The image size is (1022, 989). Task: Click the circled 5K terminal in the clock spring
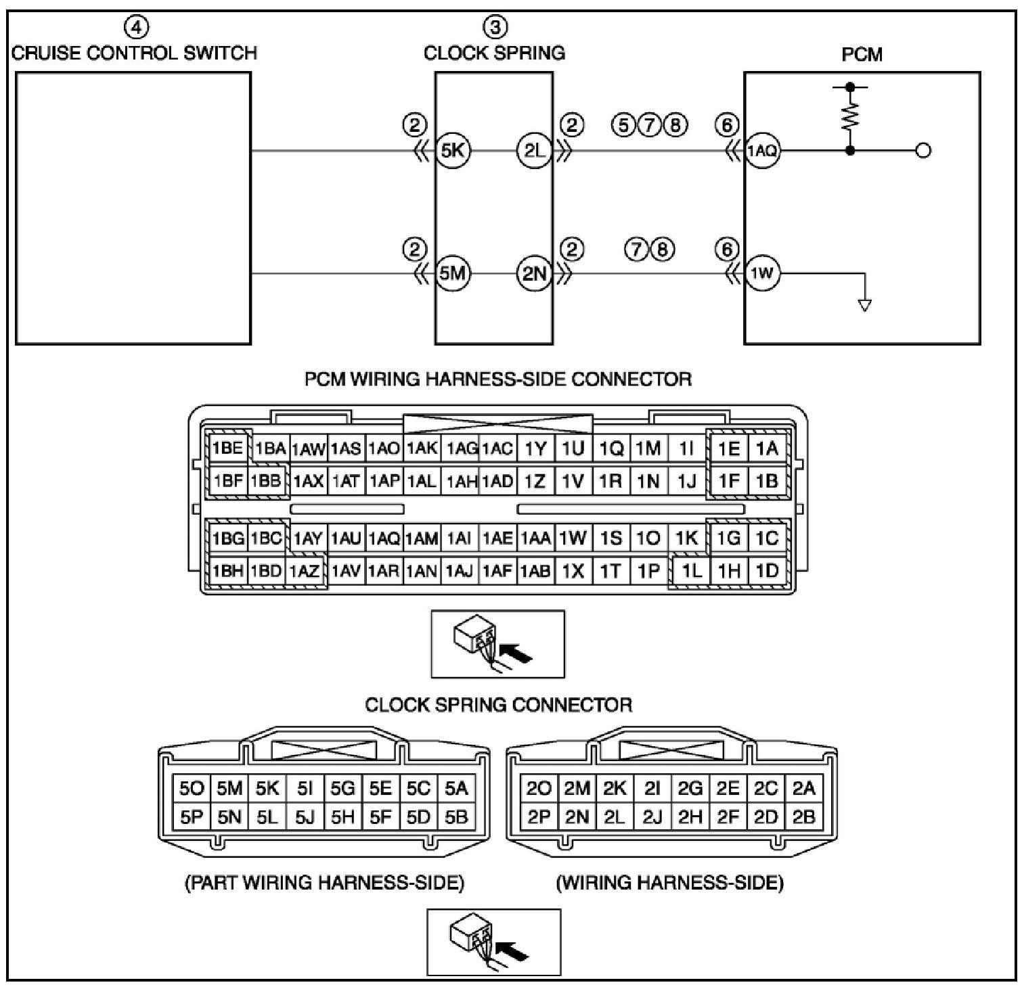pyautogui.click(x=452, y=150)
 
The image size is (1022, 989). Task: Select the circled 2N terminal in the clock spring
pyautogui.click(x=535, y=274)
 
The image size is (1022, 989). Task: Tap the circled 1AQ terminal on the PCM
pyautogui.click(x=763, y=150)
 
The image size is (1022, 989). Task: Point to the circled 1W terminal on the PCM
pyautogui.click(x=762, y=274)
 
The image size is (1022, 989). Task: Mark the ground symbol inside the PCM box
pyautogui.click(x=864, y=304)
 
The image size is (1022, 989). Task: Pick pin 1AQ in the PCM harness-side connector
pyautogui.click(x=384, y=538)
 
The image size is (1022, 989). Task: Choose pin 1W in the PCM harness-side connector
pyautogui.click(x=573, y=538)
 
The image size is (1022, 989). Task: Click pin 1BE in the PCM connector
pyautogui.click(x=227, y=448)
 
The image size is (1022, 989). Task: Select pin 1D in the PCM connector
pyautogui.click(x=767, y=571)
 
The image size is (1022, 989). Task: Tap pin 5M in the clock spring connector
pyautogui.click(x=229, y=788)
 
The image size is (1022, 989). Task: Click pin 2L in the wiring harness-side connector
pyautogui.click(x=614, y=817)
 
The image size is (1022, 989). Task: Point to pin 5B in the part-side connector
pyautogui.click(x=456, y=817)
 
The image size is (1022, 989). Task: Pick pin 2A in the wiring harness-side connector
pyautogui.click(x=804, y=788)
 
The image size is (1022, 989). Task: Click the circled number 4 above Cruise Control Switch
pyautogui.click(x=136, y=27)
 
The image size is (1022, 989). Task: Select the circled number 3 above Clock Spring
pyautogui.click(x=495, y=27)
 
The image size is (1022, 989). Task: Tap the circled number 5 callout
pyautogui.click(x=623, y=125)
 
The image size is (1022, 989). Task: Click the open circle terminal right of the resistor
pyautogui.click(x=923, y=150)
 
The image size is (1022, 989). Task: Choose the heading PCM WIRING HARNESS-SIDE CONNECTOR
pyautogui.click(x=498, y=379)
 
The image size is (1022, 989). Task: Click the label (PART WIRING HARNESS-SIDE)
pyautogui.click(x=324, y=883)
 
